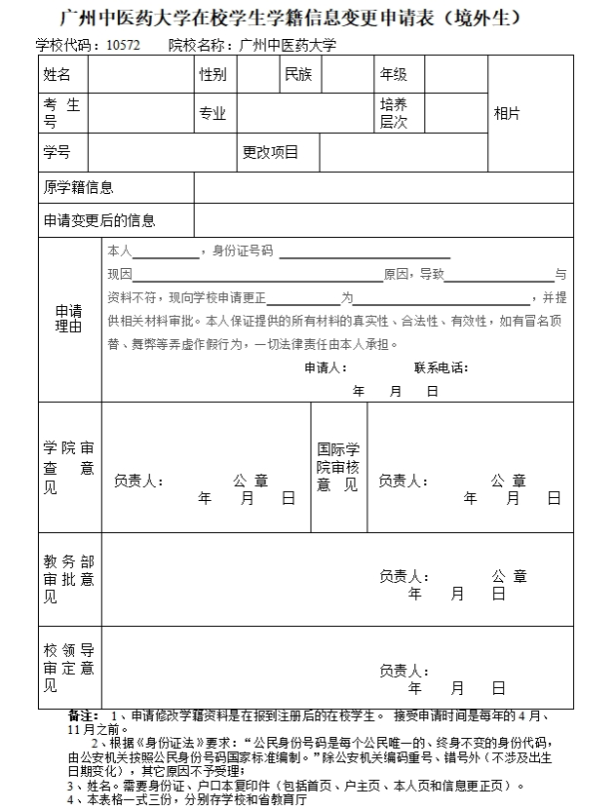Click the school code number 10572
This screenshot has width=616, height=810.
[x=124, y=45]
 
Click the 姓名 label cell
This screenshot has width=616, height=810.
[x=58, y=74]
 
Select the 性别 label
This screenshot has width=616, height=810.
[x=212, y=74]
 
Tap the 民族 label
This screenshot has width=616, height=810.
[x=298, y=74]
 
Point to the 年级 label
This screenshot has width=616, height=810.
[x=394, y=74]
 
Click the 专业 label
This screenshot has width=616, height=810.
[x=212, y=113]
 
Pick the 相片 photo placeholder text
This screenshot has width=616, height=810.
[x=508, y=113]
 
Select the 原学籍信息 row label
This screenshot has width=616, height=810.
[x=78, y=186]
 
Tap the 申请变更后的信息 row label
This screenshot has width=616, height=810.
[x=98, y=220]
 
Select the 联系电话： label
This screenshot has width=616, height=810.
[x=441, y=367]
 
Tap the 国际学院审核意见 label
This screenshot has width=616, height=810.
[x=338, y=467]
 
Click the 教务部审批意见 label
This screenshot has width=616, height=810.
[x=68, y=579]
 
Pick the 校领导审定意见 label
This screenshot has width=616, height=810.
[x=68, y=668]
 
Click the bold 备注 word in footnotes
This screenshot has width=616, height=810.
[x=83, y=714]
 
